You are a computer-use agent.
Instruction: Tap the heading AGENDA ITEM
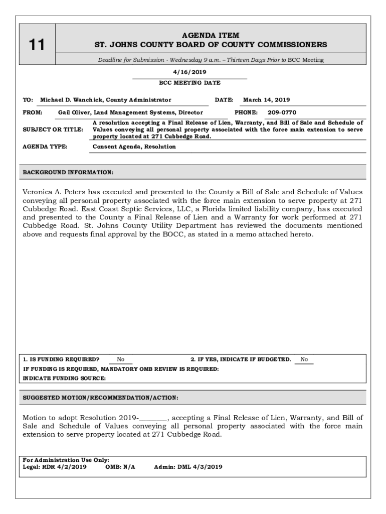click(x=211, y=36)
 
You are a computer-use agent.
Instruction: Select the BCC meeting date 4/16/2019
click(x=189, y=72)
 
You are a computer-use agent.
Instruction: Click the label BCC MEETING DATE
click(x=189, y=83)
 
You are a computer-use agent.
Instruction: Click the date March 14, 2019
click(x=266, y=100)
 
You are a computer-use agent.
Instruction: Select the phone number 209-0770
click(x=282, y=112)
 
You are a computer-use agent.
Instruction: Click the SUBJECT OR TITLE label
click(x=53, y=130)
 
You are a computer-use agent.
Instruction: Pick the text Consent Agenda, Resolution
click(x=134, y=147)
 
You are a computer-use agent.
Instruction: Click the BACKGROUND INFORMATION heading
click(x=68, y=173)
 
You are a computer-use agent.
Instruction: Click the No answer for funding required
click(x=121, y=359)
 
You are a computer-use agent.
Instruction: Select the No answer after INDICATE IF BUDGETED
click(x=304, y=359)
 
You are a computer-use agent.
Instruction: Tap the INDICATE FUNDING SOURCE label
click(x=64, y=378)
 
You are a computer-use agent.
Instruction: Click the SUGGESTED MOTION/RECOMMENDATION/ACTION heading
click(x=100, y=398)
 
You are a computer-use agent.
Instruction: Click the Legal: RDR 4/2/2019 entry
click(x=55, y=466)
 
